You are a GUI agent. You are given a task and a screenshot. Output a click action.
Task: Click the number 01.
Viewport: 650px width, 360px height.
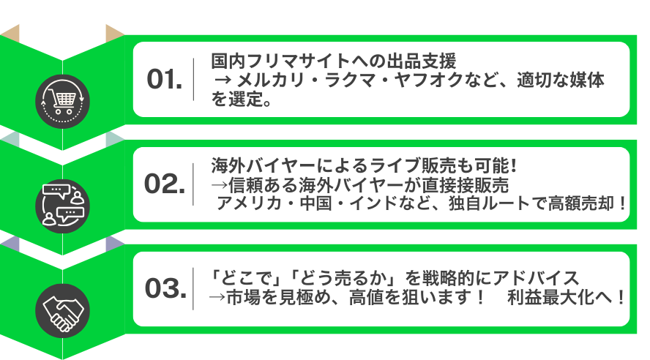tap(165, 79)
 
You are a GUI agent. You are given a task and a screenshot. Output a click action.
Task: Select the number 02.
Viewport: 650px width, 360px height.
tap(165, 184)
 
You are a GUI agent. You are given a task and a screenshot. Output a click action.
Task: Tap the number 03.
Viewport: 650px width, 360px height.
tap(165, 288)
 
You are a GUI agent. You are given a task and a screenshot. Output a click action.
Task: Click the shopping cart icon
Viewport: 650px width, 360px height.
tap(63, 102)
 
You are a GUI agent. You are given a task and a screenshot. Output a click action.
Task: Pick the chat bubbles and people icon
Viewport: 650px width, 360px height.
tap(63, 206)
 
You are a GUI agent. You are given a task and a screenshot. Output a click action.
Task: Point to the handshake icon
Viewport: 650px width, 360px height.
tap(63, 311)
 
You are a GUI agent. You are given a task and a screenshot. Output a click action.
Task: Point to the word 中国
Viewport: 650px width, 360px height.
tap(316, 203)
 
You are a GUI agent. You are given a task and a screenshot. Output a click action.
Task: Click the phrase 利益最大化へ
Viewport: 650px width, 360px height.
tap(560, 298)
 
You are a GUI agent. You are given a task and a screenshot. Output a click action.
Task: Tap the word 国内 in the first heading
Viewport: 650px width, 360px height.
tap(228, 61)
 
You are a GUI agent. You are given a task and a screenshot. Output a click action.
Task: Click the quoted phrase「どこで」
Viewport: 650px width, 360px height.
tap(242, 278)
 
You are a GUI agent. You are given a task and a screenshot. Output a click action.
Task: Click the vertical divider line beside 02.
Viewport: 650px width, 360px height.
tap(193, 184)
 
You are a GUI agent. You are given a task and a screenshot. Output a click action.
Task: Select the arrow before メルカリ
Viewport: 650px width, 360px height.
tap(223, 80)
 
